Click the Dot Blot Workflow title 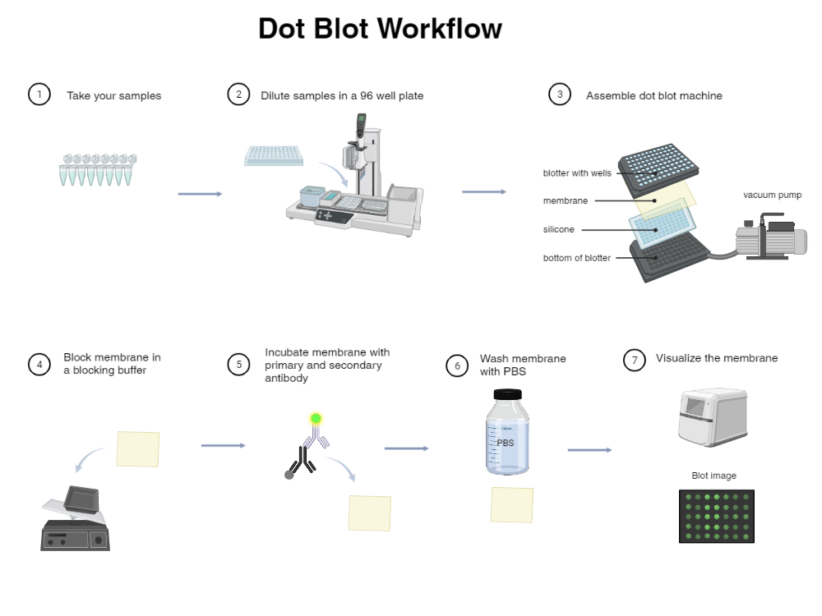380,29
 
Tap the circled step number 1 39,94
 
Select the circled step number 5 238,364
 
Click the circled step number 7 634,360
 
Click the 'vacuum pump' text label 772,195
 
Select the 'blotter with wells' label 577,173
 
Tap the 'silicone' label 558,230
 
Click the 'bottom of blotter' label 576,258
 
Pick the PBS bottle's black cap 507,393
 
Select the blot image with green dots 716,516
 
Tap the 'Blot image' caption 713,476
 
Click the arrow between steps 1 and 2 200,194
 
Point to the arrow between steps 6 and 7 589,450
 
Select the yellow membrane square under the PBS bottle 512,505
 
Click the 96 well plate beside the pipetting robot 274,156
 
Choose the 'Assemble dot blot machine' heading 653,95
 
